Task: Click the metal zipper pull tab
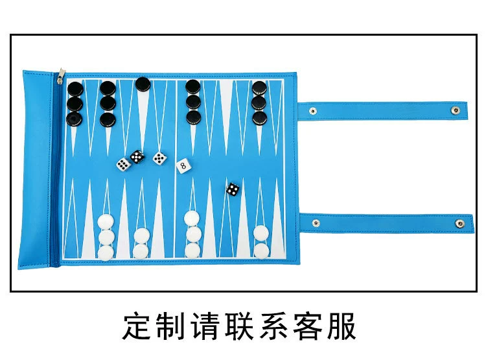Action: pyautogui.click(x=61, y=76)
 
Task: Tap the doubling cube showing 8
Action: pyautogui.click(x=183, y=166)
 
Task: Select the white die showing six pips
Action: pyautogui.click(x=123, y=164)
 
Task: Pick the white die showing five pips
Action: pyautogui.click(x=159, y=158)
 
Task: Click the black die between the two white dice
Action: pyautogui.click(x=137, y=157)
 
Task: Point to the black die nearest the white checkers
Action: pyautogui.click(x=233, y=189)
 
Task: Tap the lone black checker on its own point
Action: pyautogui.click(x=143, y=84)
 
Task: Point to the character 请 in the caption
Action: pyautogui.click(x=206, y=326)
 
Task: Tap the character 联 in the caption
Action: pyautogui.click(x=240, y=326)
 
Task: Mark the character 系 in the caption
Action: pyautogui.click(x=273, y=326)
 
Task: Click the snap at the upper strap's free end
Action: pyautogui.click(x=455, y=110)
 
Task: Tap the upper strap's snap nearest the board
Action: pyautogui.click(x=313, y=111)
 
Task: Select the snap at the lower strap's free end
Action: pyautogui.click(x=459, y=223)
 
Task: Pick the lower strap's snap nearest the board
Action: pyautogui.click(x=316, y=222)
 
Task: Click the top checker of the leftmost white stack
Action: pyautogui.click(x=106, y=222)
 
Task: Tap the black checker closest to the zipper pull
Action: pyautogui.click(x=75, y=89)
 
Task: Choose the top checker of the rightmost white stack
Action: pyautogui.click(x=261, y=233)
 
